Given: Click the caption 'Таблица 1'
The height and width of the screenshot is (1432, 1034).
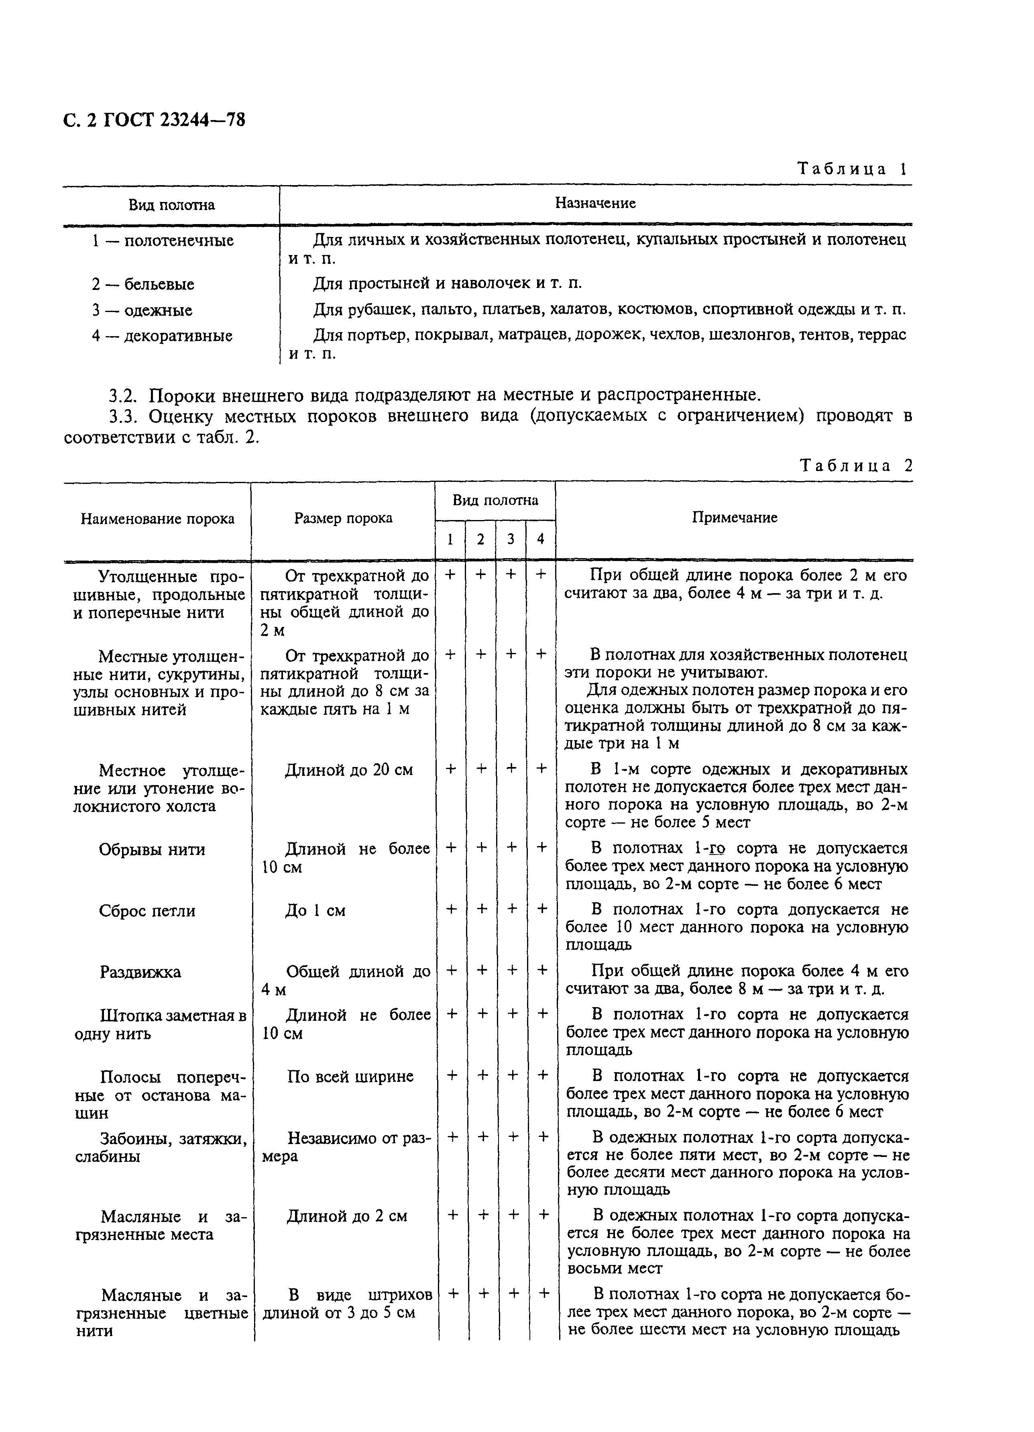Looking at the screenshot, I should (852, 169).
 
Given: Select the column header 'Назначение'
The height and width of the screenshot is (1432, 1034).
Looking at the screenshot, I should (594, 203).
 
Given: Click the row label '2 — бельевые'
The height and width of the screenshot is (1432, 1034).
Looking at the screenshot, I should (142, 284).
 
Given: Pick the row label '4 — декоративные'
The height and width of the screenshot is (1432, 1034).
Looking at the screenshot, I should (162, 335).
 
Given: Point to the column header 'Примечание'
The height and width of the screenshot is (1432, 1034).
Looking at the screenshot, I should (734, 518).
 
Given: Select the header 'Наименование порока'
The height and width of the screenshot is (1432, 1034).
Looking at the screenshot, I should (157, 519).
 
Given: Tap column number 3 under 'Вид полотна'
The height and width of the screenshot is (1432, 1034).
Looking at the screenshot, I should (510, 539).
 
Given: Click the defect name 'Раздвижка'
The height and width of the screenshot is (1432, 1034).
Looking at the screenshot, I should (140, 972).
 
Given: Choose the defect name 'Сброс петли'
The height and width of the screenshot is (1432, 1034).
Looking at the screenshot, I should (147, 910).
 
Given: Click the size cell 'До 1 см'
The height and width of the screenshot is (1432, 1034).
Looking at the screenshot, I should (315, 910).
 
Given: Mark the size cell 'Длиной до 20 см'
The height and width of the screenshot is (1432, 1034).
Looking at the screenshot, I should (348, 770).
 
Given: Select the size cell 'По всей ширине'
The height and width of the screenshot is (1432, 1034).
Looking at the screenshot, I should (350, 1076).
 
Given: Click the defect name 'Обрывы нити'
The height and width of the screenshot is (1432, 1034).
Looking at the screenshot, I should (151, 849).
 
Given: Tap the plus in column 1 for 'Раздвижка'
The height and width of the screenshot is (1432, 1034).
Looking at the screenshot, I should (451, 971).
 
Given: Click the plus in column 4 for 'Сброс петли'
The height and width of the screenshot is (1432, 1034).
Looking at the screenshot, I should (541, 909).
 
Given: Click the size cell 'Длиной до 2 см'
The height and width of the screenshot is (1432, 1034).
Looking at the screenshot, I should (346, 1216).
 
